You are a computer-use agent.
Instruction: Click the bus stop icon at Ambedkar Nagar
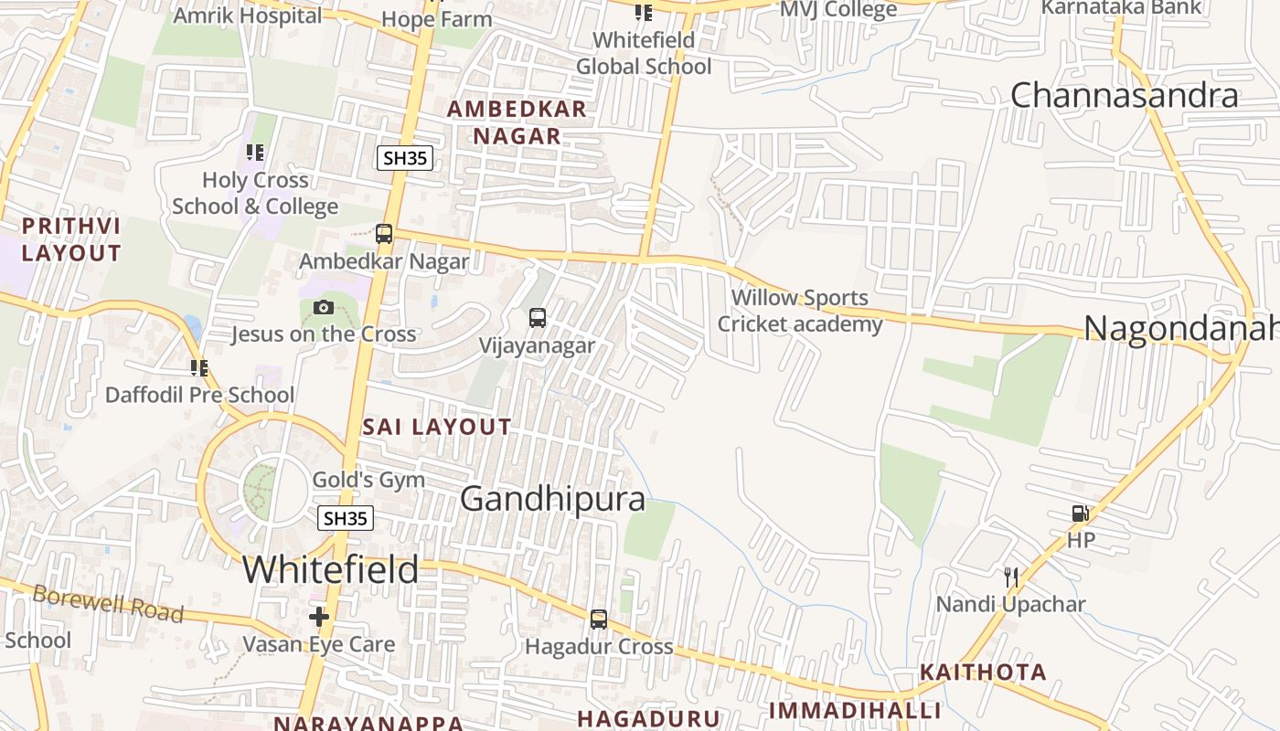384,234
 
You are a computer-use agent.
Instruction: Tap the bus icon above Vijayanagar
538,318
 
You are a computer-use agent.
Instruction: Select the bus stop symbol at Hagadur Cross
599,620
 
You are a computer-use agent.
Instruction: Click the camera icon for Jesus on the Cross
324,307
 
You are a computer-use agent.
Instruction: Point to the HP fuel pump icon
1081,514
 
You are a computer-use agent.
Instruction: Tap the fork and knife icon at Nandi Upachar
1011,577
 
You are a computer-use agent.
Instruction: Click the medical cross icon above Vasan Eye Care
319,617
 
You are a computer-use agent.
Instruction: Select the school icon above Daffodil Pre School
199,368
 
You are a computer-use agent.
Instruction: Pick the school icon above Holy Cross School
255,153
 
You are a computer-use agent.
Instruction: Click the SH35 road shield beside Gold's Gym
346,519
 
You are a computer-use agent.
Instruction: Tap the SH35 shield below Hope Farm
404,158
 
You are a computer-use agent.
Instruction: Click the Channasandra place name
1124,95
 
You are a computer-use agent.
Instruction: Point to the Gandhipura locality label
552,499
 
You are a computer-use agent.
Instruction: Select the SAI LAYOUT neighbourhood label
437,427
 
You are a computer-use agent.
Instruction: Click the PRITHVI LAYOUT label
71,239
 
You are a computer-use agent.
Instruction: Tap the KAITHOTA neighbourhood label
983,673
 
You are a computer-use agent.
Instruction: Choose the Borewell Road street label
108,603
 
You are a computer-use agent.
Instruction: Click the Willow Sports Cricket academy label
800,311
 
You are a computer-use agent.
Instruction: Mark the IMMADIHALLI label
855,711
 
